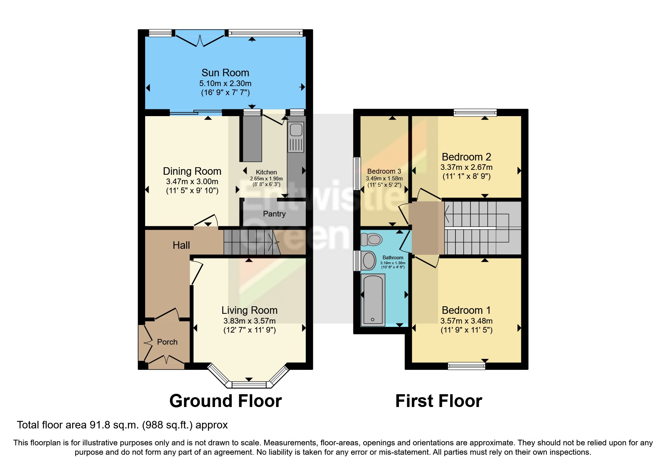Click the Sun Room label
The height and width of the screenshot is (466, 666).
[x=225, y=73]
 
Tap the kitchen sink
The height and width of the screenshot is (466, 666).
[x=296, y=130]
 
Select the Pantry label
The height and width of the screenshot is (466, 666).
[x=274, y=214]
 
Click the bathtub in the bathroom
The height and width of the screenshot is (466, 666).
[x=373, y=300]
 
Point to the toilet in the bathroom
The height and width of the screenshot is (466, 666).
[x=372, y=239]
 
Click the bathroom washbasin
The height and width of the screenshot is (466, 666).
[x=369, y=260]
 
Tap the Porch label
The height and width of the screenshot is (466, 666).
[x=167, y=342]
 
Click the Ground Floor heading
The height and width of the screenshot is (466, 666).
[x=225, y=401]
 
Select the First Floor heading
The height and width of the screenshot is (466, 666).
[x=438, y=401]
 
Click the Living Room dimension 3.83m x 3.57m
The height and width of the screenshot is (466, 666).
[x=249, y=321]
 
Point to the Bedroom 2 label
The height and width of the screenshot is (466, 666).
[x=466, y=157]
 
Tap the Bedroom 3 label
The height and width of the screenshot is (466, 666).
[x=384, y=171]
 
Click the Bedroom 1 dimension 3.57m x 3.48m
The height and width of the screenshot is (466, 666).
[x=466, y=321]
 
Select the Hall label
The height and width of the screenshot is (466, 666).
[x=181, y=245]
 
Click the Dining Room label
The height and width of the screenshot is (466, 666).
[x=192, y=171]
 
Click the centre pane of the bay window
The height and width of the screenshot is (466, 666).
[x=249, y=384]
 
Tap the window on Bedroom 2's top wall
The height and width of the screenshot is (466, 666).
[x=475, y=112]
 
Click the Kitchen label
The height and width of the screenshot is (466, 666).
[x=266, y=172]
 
